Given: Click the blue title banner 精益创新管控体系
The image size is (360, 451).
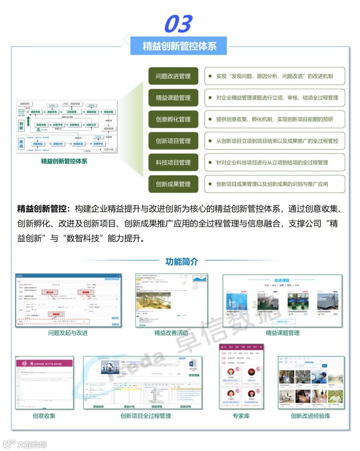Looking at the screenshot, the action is coord(179,46).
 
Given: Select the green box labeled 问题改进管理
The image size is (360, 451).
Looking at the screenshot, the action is coord(173,76).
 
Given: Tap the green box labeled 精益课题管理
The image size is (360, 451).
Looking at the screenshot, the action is coord(173,98).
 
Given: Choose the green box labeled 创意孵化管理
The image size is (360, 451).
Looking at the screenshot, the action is coord(173,119).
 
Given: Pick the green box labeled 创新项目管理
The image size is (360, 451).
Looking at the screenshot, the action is coord(173,141).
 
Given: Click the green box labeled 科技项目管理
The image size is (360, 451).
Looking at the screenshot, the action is coord(173,162).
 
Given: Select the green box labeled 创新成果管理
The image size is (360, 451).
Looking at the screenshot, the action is coord(173,184).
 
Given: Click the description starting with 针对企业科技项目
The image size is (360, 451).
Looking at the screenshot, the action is coord(272,162).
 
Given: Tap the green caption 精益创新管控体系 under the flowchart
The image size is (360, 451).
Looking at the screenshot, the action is coord(64,161).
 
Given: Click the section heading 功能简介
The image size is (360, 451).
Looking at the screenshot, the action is coord(182,262).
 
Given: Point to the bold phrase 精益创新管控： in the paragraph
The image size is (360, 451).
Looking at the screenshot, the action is coord(44,209).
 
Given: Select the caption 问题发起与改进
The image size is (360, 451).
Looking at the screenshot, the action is coord(68,333).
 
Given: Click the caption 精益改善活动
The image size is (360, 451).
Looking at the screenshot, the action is coord(171,333).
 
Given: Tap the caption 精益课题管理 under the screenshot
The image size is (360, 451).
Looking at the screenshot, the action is coord(282,333).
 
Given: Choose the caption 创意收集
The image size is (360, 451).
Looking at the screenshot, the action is coord(44,416).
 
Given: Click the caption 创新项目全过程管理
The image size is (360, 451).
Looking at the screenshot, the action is coord(146,416).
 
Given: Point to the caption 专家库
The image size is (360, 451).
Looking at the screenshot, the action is coord(241,416).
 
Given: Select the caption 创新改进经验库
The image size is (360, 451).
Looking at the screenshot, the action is coord(310,416).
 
